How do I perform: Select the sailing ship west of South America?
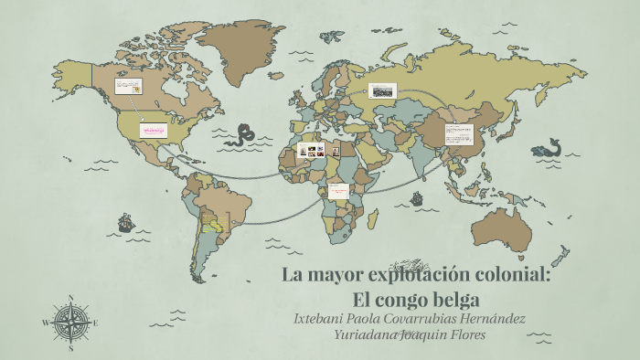(x=125, y=222)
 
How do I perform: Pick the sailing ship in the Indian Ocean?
(x=417, y=197)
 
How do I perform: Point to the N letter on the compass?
(x=71, y=297)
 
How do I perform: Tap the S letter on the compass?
(x=71, y=347)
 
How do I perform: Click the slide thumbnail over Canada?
(x=128, y=87)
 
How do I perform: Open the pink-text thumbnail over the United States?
(x=153, y=130)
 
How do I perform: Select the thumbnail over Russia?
(x=382, y=90)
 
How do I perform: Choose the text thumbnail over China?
(x=458, y=133)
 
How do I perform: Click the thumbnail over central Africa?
(x=339, y=191)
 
